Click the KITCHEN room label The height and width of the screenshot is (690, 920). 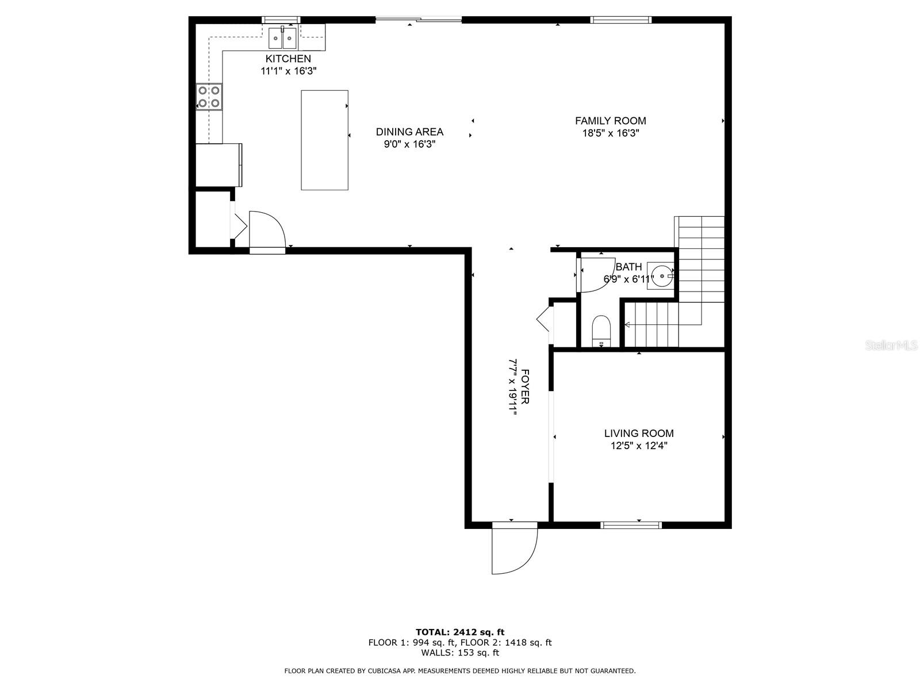pos(288,59)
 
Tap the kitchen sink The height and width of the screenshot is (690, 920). pos(282,38)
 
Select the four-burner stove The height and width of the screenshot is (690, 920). pos(209,97)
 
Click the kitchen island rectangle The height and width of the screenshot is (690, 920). pos(324,140)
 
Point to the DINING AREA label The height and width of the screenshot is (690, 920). pos(409,132)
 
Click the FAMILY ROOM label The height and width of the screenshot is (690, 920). pos(610,121)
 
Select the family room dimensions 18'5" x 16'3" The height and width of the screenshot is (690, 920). pos(610,133)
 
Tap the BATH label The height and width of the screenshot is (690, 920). pos(628,267)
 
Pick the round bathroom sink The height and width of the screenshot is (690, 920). pos(661,276)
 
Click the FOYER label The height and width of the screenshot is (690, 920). pos(525,386)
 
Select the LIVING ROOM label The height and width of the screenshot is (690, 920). pos(639,433)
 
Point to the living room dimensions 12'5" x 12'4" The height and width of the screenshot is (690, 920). pos(639,445)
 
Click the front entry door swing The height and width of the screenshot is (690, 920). pos(515,548)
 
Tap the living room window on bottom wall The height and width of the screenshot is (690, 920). pos(631,526)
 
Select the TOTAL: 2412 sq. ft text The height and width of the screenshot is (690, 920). pos(460,632)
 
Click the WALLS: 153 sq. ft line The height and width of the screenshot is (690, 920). pos(460,652)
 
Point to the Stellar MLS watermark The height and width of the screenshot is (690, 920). pos(891,345)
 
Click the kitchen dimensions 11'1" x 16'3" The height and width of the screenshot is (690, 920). pos(289,71)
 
